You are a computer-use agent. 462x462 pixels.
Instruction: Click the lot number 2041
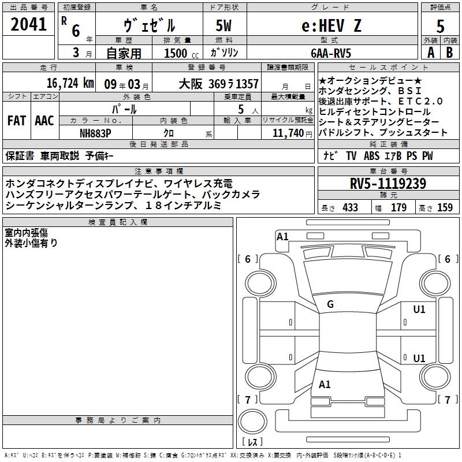28,24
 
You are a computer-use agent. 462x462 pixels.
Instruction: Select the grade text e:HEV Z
331,25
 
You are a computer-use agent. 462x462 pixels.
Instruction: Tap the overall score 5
440,27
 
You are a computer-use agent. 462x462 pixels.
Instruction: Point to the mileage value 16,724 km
70,83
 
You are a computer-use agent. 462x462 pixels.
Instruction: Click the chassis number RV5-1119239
388,184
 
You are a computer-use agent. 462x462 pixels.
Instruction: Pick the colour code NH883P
95,133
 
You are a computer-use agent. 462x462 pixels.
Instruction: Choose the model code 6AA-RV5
331,53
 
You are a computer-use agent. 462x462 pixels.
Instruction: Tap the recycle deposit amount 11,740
288,133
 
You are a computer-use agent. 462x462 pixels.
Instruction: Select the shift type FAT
17,121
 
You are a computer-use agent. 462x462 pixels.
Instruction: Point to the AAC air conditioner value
44,121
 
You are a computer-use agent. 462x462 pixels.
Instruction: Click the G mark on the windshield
330,304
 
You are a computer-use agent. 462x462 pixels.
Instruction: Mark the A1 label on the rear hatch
325,384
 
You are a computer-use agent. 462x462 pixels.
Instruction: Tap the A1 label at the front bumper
282,237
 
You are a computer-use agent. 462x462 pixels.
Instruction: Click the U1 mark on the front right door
419,310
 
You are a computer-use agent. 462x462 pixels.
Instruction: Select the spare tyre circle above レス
252,421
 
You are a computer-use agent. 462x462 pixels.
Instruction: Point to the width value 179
398,207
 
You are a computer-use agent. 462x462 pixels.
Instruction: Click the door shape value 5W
223,25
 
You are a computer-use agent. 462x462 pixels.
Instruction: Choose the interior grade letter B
449,53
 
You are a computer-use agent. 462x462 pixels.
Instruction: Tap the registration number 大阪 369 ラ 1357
219,84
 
